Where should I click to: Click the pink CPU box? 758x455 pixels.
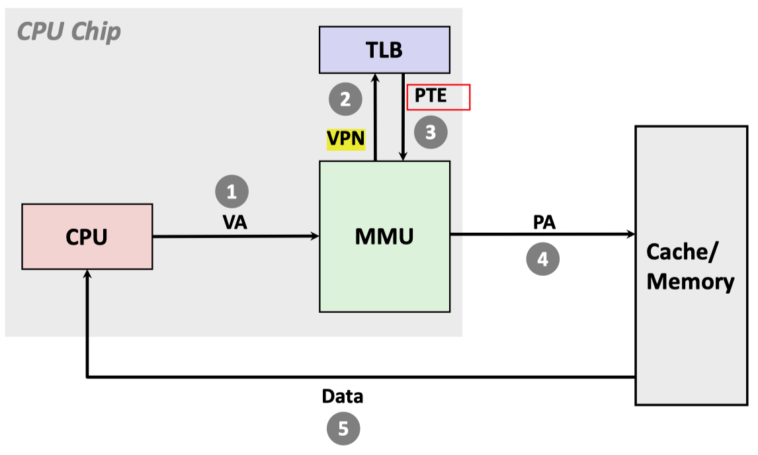[x=87, y=236]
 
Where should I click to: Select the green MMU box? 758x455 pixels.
[x=384, y=236]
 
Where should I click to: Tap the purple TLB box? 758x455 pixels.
[x=384, y=50]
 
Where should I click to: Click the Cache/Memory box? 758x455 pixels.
[x=691, y=265]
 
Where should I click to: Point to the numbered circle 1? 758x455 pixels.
[x=232, y=192]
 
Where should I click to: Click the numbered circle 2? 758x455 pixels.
[x=345, y=100]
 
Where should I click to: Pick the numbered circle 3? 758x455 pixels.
[x=431, y=132]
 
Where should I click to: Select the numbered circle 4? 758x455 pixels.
[x=542, y=259]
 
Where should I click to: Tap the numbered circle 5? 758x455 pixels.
[x=343, y=429]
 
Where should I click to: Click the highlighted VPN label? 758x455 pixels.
[x=346, y=140]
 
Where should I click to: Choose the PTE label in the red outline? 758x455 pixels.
[x=431, y=96]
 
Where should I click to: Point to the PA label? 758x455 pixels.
[x=544, y=222]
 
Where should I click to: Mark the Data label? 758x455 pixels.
[x=343, y=397]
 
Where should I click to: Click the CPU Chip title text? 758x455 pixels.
[x=69, y=31]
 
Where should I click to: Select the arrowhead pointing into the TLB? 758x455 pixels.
[x=375, y=77]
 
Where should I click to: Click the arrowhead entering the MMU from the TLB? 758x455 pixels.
[x=403, y=157]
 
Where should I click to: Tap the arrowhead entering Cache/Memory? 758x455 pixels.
[x=630, y=234]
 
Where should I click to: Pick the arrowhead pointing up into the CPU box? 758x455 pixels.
[x=87, y=274]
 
